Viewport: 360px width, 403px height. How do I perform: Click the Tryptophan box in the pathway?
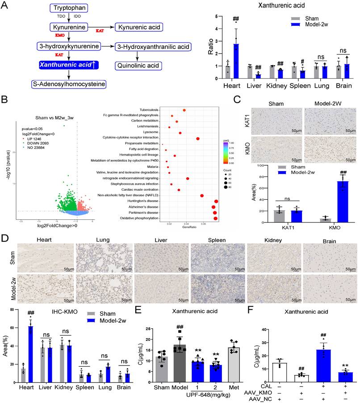click(x=68, y=8)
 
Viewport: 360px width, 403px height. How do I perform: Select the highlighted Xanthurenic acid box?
click(x=68, y=65)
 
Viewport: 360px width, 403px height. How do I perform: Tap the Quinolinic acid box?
click(x=138, y=66)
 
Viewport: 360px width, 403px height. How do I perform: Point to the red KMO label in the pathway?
click(x=60, y=35)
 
